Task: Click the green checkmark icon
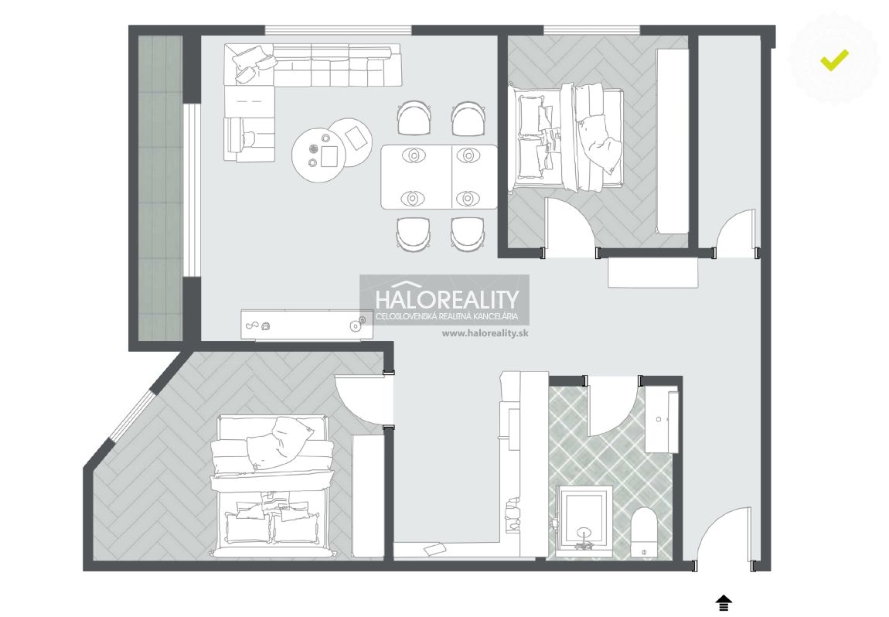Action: [x=834, y=60]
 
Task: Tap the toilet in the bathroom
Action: [x=643, y=532]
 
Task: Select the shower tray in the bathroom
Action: [x=584, y=520]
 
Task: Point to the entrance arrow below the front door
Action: [x=723, y=603]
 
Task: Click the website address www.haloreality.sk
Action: [x=485, y=333]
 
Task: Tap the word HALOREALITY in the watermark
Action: [x=448, y=299]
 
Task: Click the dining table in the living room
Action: [x=439, y=176]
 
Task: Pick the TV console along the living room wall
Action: [x=307, y=325]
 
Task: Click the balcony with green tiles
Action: [x=161, y=189]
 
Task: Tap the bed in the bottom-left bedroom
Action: [x=271, y=486]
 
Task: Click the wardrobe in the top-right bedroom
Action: [x=673, y=141]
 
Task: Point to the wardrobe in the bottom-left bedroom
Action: [x=369, y=496]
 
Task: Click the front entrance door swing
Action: [x=724, y=535]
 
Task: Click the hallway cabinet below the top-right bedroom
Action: [x=652, y=273]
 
